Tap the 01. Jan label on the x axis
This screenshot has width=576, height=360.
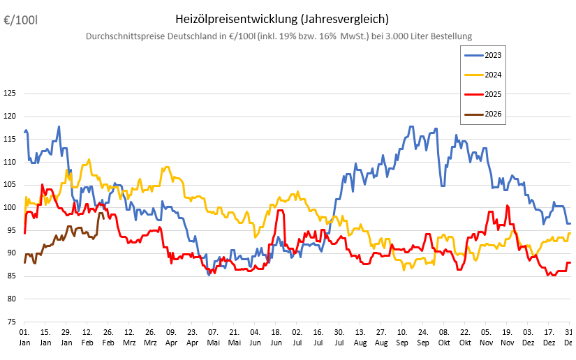24,337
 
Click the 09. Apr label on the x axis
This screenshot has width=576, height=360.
171,337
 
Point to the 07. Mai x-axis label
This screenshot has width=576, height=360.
214,337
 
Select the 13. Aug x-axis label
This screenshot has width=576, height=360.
360,337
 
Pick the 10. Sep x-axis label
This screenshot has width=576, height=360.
402,337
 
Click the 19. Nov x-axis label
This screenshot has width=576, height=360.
508,337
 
